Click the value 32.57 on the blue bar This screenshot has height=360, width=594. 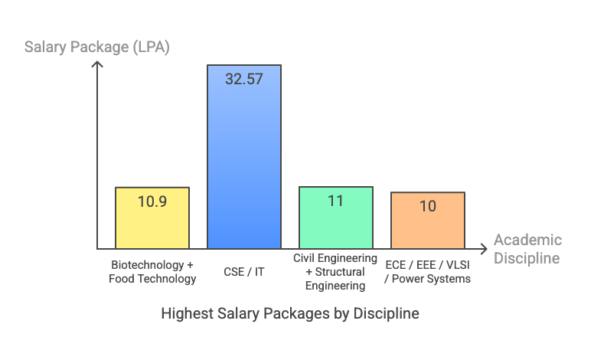[x=244, y=78]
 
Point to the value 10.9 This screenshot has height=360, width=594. [x=152, y=202]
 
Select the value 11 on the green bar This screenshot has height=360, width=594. [x=336, y=201]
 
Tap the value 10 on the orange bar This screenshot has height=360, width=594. [x=428, y=206]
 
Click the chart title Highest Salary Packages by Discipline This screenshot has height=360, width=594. [x=290, y=314]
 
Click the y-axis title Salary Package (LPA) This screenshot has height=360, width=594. [x=97, y=47]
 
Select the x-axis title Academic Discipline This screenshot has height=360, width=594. [x=527, y=249]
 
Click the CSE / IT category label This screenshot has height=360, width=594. [x=244, y=272]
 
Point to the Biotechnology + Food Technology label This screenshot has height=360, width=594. [x=152, y=272]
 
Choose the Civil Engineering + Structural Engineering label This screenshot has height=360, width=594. [x=336, y=272]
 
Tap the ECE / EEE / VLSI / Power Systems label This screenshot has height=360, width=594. [x=428, y=272]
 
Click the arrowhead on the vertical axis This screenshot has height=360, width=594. [x=97, y=64]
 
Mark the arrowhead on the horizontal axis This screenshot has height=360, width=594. [x=483, y=249]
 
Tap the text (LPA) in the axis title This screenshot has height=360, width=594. [x=150, y=47]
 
